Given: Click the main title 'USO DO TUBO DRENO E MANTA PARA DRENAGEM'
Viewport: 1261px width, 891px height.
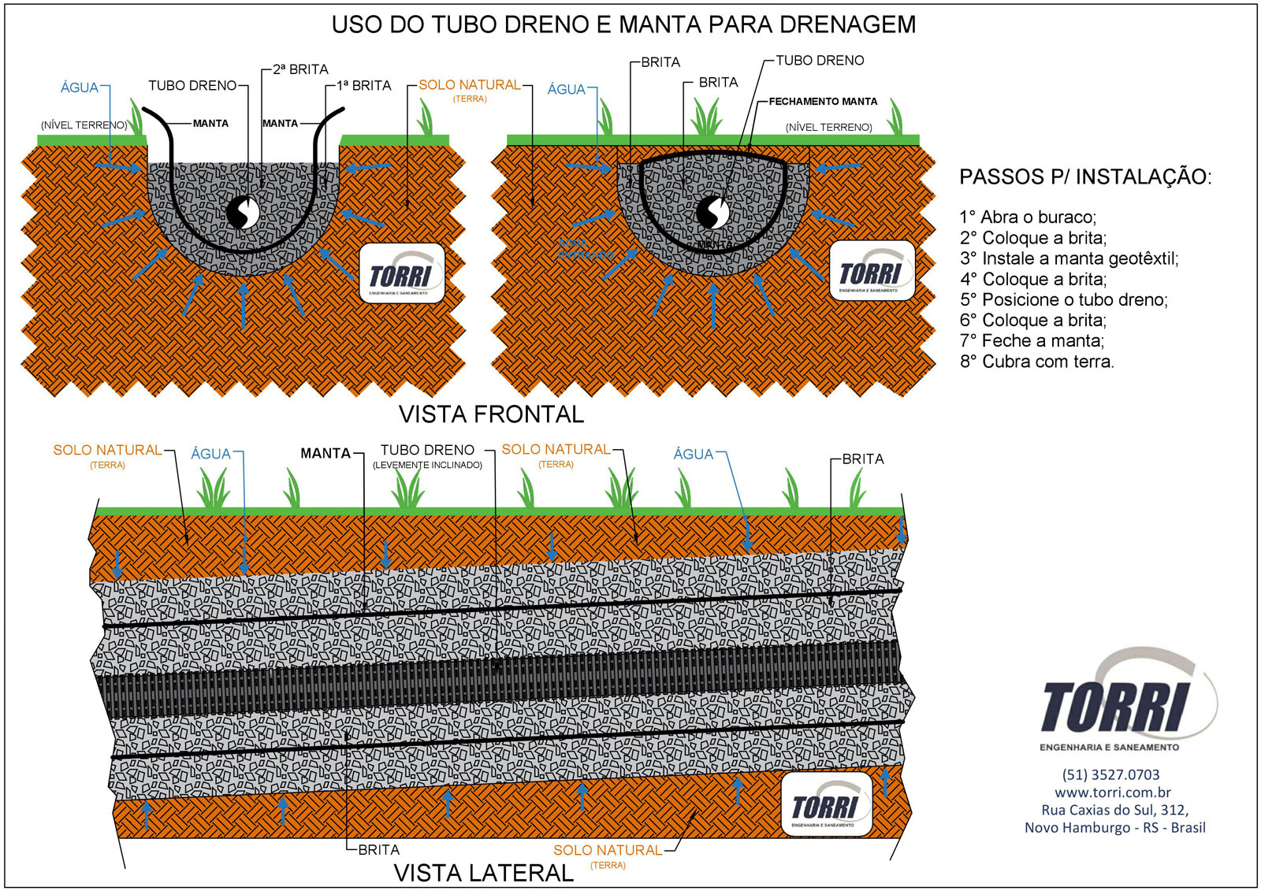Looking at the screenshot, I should click(623, 24).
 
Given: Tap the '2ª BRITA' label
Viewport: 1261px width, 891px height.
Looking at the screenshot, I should click(300, 69).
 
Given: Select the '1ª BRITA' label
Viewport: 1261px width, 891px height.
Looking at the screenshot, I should click(363, 85).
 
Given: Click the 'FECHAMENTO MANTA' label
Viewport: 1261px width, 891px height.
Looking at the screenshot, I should click(823, 102).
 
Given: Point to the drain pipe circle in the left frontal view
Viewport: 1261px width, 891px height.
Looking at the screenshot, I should click(243, 212).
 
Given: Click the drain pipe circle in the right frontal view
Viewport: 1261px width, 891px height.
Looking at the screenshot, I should click(712, 212).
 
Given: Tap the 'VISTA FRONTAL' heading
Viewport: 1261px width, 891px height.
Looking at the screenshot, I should click(491, 414).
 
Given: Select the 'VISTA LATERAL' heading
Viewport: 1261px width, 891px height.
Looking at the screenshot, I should click(483, 873).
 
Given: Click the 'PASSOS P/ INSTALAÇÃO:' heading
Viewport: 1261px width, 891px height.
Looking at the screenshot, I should click(1084, 176).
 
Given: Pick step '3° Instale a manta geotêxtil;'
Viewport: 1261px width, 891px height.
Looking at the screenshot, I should click(1069, 258).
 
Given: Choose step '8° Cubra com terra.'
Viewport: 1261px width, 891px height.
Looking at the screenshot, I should click(1036, 362).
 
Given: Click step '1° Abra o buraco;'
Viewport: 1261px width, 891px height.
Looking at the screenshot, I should click(1028, 217).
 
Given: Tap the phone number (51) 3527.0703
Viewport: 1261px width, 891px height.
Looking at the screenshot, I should click(1110, 774).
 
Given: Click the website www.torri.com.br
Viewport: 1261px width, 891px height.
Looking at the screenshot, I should click(1112, 793).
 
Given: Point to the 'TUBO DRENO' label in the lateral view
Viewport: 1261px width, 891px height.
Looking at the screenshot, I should click(427, 450).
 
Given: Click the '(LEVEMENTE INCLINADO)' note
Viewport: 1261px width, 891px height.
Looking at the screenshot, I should click(427, 466).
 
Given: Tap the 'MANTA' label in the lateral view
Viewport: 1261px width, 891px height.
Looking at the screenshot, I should click(325, 453).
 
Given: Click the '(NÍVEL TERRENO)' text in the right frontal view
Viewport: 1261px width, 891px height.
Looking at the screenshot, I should click(828, 127).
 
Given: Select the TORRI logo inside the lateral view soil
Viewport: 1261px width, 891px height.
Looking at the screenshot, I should click(825, 804).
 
